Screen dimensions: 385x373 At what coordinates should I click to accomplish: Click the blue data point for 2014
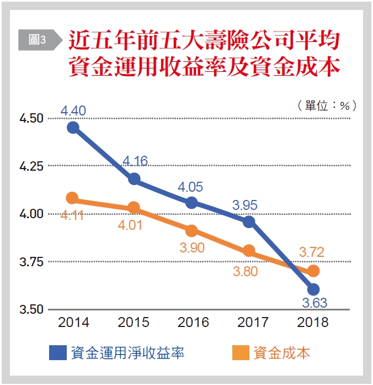(x=73, y=128)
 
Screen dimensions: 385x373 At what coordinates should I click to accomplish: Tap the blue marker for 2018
(x=313, y=289)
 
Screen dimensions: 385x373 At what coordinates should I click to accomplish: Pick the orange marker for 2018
(x=313, y=271)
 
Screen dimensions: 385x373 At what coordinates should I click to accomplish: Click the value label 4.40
(x=73, y=111)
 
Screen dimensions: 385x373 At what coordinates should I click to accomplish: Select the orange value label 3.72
(x=312, y=252)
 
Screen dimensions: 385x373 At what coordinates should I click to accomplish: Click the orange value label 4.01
(x=132, y=225)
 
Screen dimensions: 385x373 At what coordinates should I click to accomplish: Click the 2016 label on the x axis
(x=193, y=323)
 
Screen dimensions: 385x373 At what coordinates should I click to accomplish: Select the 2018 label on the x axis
(x=313, y=323)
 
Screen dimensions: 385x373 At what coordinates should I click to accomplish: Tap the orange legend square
(x=241, y=353)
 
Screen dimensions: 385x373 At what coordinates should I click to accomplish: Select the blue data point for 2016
(x=191, y=203)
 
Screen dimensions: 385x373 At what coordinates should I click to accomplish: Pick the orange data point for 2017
(x=249, y=251)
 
